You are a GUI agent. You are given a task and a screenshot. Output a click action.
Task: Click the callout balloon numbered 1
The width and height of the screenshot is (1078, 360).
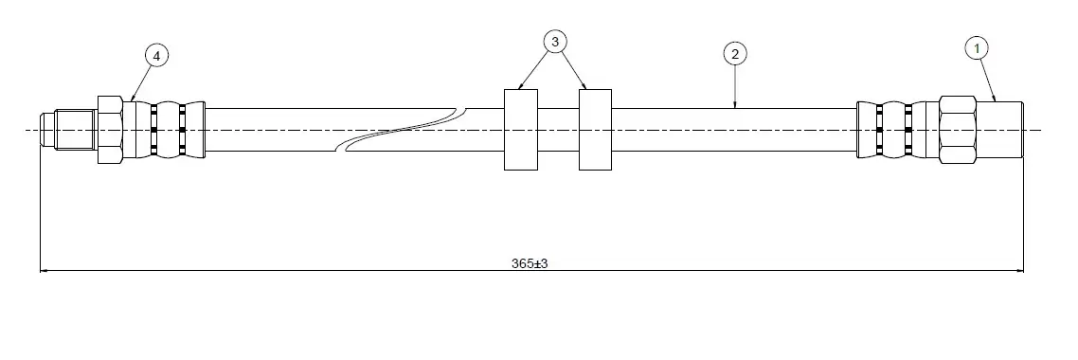pos(977,48)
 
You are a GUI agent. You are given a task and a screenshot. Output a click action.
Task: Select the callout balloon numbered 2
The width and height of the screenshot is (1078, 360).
pos(735,54)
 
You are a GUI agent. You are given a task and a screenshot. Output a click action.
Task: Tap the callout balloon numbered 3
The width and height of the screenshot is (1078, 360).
pos(555,42)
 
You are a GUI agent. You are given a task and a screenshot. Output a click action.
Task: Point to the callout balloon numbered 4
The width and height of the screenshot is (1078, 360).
pos(156,56)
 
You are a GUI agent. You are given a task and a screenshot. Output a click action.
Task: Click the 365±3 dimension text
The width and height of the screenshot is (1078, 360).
pos(530,263)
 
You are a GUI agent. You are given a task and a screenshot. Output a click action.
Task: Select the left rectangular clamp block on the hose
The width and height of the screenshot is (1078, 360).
pos(521,129)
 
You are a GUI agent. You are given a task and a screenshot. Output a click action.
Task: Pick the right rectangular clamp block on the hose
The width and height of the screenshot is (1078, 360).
pos(596,129)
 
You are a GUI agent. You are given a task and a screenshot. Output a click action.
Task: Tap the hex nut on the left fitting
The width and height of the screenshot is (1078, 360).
pos(110,129)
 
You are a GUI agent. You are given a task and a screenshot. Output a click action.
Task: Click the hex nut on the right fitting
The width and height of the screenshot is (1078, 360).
pos(958,129)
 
